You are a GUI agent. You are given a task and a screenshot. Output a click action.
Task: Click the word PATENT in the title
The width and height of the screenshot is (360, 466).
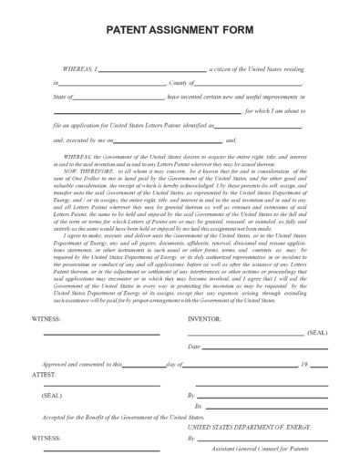[129, 28]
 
